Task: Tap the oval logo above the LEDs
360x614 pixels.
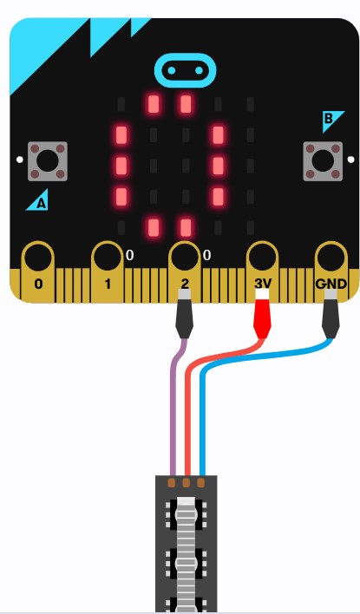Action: pos(186,70)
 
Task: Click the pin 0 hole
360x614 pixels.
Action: pos(38,257)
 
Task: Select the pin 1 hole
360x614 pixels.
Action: pos(108,257)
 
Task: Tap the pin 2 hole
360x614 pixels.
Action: pos(185,257)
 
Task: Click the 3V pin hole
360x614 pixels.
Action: pos(263,257)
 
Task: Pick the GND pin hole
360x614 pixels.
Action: pos(331,257)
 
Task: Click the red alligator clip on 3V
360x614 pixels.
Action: pos(262,314)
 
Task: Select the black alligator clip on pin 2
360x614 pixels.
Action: pos(185,314)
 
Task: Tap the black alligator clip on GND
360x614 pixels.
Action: pos(331,314)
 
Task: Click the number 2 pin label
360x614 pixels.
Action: pos(185,284)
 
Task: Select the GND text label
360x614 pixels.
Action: pos(331,284)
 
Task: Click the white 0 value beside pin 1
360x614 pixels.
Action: pos(129,255)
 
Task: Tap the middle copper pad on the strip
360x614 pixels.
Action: pos(187,482)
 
